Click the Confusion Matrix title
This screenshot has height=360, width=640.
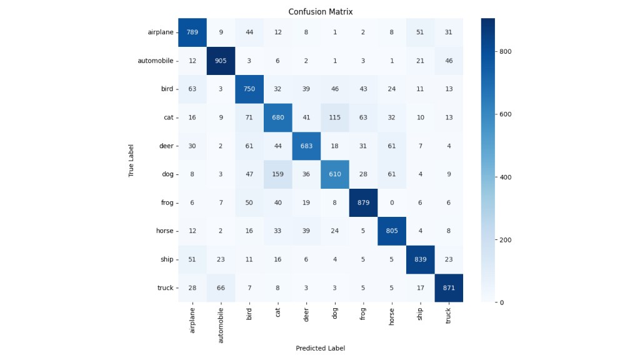tap(320, 12)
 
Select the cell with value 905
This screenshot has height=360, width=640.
tap(221, 61)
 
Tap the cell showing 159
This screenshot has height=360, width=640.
tap(277, 174)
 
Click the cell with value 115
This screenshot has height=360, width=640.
tap(334, 117)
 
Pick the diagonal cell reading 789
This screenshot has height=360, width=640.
tap(192, 32)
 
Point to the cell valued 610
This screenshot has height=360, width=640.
tap(334, 174)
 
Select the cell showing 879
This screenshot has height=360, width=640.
tap(363, 202)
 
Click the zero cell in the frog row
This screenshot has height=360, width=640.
tap(392, 202)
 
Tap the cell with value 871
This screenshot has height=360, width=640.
tap(449, 287)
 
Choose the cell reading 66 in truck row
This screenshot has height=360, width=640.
tap(221, 287)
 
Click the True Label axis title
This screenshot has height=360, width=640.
tap(132, 160)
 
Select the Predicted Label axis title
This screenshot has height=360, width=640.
tap(320, 348)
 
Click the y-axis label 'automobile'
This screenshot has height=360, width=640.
tap(156, 61)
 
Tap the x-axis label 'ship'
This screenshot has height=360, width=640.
tap(420, 313)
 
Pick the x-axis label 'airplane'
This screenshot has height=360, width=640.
tap(192, 319)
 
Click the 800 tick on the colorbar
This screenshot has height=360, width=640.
tap(504, 52)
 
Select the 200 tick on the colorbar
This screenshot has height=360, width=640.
tap(504, 239)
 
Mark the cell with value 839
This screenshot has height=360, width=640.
tap(420, 259)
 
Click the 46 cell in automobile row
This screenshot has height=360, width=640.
tap(449, 61)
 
